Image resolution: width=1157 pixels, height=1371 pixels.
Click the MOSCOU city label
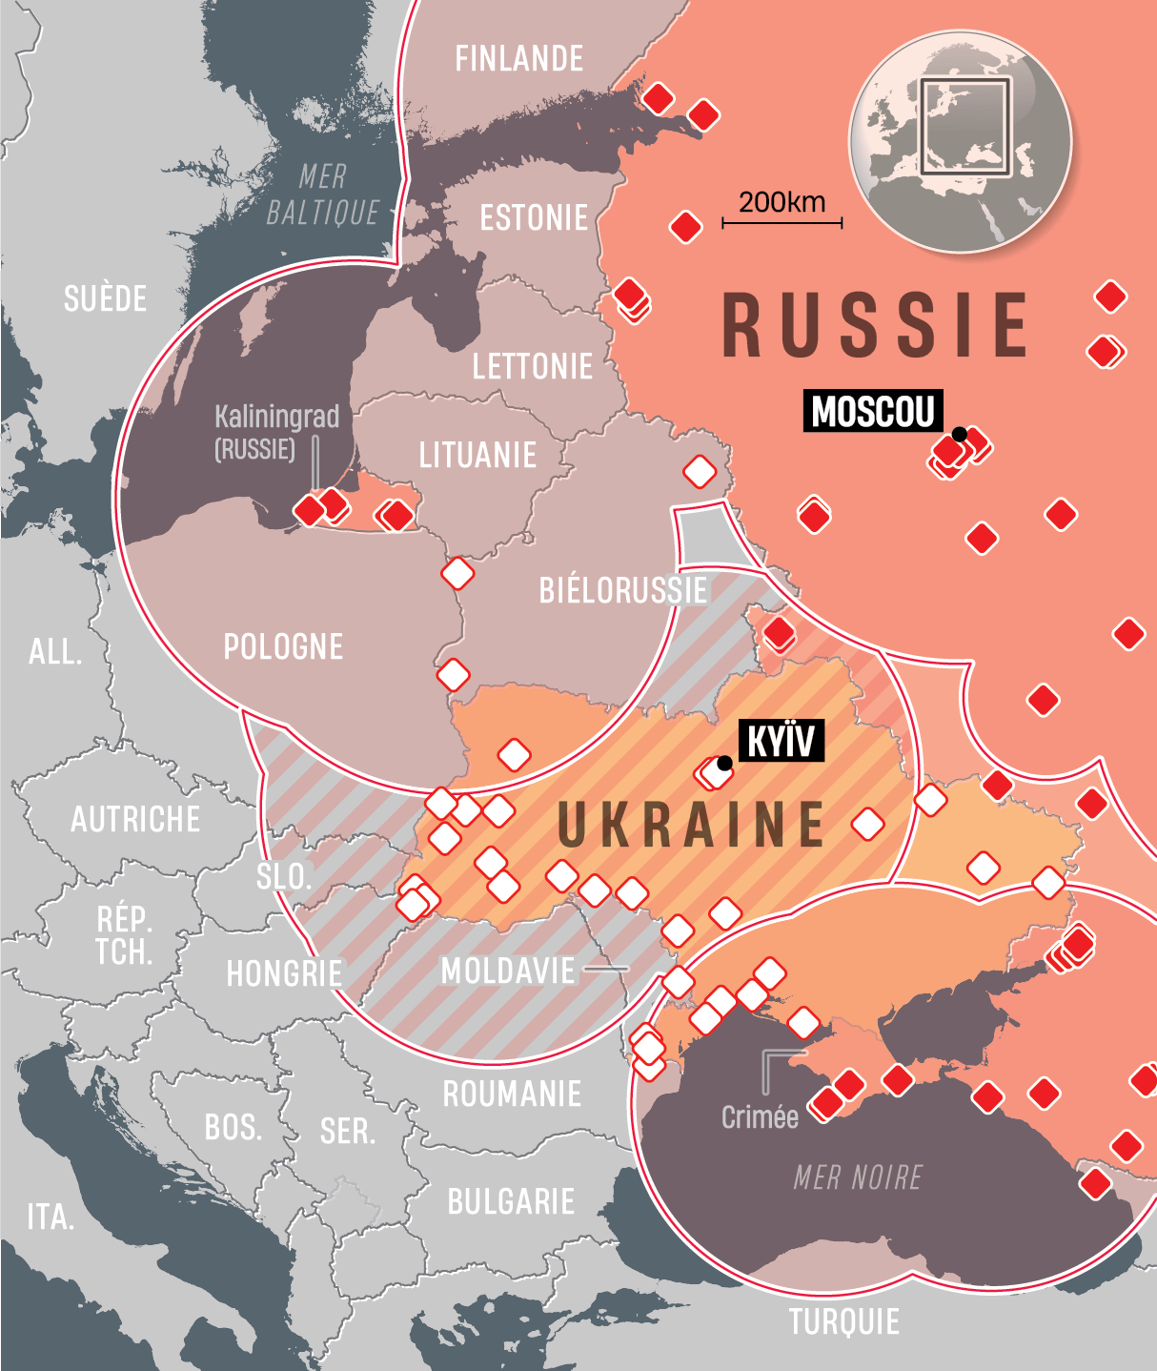[x=872, y=411]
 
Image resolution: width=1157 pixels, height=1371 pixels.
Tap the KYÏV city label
[x=781, y=741]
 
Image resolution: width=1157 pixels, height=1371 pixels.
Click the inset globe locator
[x=961, y=141]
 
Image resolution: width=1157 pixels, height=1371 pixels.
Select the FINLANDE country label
[x=518, y=59]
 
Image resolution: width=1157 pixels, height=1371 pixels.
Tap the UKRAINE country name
[x=691, y=825]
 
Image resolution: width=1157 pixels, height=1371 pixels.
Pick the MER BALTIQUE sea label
[x=323, y=194]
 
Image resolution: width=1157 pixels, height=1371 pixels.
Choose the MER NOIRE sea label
[x=858, y=1178]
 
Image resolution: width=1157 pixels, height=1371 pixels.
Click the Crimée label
[x=760, y=1117]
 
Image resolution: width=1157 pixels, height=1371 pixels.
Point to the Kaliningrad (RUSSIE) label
[x=276, y=432]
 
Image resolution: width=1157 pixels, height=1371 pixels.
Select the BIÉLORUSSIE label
[x=623, y=591]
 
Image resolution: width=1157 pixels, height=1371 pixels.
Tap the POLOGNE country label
[x=283, y=647]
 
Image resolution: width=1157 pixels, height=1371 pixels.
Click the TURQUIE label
[x=843, y=1322]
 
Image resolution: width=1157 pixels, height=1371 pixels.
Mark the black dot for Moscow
[x=960, y=435]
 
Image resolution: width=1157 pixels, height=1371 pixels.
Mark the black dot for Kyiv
[x=725, y=763]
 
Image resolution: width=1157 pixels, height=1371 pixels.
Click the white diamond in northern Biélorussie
[x=700, y=471]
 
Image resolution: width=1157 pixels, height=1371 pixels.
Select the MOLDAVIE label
[x=508, y=972]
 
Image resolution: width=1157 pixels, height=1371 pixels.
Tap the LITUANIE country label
[x=477, y=456]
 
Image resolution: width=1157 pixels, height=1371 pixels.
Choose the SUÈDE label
[x=105, y=298]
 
